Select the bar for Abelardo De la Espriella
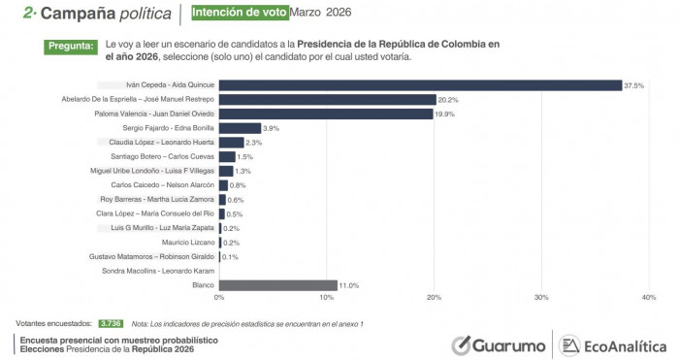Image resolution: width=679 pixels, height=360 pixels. pyautogui.click(x=326, y=100)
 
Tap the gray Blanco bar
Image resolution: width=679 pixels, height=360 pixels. pyautogui.click(x=277, y=285)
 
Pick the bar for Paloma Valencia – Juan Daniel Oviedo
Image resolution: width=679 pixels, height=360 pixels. pyautogui.click(x=325, y=114)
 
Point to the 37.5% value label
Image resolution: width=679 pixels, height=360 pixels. pyautogui.click(x=634, y=85)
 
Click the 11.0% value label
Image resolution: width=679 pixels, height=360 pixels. pyautogui.click(x=349, y=285)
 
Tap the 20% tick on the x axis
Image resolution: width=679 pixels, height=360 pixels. pyautogui.click(x=434, y=297)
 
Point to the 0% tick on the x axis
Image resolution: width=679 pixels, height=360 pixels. pyautogui.click(x=219, y=297)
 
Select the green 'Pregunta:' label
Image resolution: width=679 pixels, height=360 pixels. pyautogui.click(x=71, y=46)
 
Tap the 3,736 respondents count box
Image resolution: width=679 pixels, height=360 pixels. pyautogui.click(x=110, y=322)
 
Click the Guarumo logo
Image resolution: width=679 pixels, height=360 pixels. pyautogui.click(x=498, y=344)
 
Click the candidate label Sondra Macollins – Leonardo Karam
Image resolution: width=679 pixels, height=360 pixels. pyautogui.click(x=156, y=271)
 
